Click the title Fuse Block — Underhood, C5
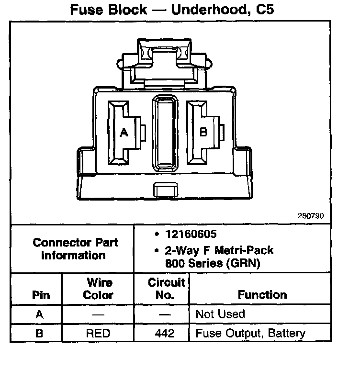[x=172, y=9]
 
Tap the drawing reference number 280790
[x=311, y=216]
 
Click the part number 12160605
[x=191, y=234]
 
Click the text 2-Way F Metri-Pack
[x=219, y=250]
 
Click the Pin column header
[x=41, y=295]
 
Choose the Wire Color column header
[x=98, y=289]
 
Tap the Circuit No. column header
[x=165, y=289]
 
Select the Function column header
[x=262, y=295]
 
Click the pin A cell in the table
[x=39, y=314]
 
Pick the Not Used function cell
[x=220, y=314]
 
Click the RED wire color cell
[x=98, y=333]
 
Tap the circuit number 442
[x=165, y=333]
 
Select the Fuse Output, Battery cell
[x=250, y=333]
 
